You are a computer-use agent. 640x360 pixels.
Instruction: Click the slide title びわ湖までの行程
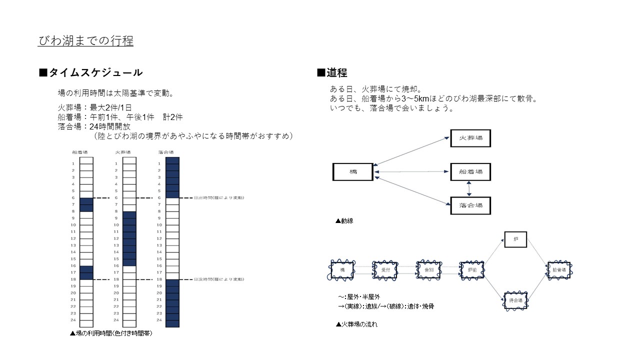tap(85, 40)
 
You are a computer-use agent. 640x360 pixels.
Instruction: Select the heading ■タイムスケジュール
tap(90, 72)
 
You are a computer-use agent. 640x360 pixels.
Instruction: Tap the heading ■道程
tap(332, 72)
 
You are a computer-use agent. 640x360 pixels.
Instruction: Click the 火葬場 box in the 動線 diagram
tap(470, 138)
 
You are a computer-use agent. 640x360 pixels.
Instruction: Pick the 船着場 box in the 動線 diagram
tap(470, 172)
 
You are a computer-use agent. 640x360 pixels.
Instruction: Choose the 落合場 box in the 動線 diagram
tap(470, 205)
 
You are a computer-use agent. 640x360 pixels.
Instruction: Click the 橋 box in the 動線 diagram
tap(352, 172)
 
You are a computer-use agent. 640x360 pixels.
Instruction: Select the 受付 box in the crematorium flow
tap(385, 270)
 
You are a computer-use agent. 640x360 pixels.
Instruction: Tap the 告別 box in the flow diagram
tap(428, 270)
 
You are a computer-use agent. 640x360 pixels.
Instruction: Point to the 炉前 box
tap(471, 270)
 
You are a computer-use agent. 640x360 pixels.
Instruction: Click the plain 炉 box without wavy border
tap(515, 240)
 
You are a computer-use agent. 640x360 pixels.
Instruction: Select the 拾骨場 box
tap(559, 270)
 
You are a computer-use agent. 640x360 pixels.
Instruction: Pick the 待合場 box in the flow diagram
tap(515, 300)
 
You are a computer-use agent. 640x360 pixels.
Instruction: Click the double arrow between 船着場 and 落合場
tap(469, 189)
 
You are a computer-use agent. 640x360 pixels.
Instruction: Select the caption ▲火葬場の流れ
tap(356, 324)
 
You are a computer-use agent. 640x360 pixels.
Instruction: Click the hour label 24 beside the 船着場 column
tap(73, 320)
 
